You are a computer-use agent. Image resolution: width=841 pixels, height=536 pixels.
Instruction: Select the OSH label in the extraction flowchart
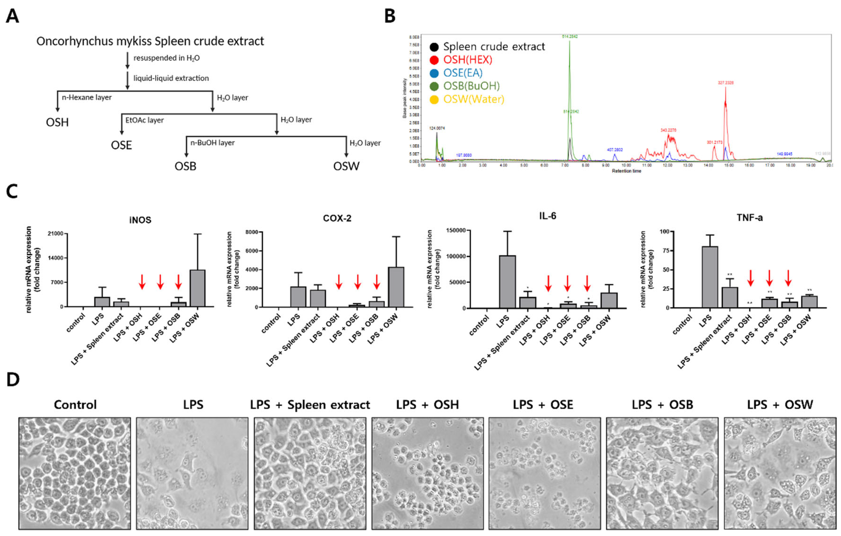(x=57, y=122)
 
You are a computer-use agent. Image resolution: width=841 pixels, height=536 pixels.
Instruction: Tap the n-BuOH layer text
(x=212, y=143)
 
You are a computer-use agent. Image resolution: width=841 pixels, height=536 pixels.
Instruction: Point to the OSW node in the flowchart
(x=346, y=166)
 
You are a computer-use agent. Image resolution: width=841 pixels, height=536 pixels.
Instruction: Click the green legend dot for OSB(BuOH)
(x=434, y=86)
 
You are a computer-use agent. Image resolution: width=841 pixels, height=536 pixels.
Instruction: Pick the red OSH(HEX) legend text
(x=468, y=60)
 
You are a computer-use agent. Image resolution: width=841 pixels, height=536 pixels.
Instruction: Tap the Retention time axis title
(x=626, y=171)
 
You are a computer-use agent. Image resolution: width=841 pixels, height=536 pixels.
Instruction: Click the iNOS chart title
(x=140, y=220)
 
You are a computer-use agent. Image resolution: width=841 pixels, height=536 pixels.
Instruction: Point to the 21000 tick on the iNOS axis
(x=56, y=233)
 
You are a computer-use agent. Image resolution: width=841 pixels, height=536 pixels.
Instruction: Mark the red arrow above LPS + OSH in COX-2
(x=338, y=282)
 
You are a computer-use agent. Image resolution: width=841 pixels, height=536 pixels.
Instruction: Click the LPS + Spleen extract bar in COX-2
(x=318, y=298)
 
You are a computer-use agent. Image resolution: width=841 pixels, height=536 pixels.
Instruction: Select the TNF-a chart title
(x=750, y=218)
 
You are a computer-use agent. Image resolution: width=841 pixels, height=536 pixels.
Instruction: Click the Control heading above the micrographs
(x=75, y=405)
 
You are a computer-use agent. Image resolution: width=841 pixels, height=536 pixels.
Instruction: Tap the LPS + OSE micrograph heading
(x=543, y=405)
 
